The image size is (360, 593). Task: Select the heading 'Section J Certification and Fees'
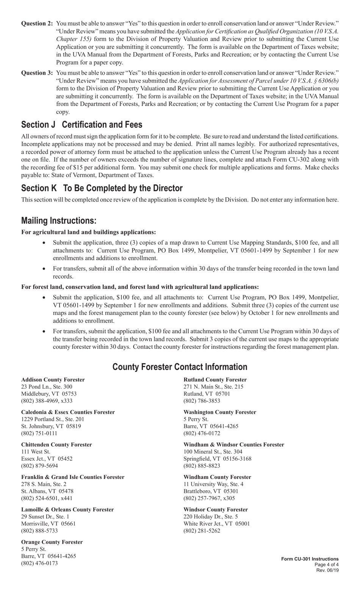82,125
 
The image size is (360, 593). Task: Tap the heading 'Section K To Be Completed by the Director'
102,188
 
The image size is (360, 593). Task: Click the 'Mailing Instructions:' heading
59,221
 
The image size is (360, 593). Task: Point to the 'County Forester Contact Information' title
180,367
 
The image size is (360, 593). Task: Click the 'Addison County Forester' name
53,380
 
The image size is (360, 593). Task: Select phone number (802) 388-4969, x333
47,401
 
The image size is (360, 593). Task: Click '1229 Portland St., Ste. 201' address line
53,419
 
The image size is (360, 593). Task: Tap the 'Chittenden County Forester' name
56,444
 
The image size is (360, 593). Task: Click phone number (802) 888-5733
39,531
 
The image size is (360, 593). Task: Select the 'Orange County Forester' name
52,542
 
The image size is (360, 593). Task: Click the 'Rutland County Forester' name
215,380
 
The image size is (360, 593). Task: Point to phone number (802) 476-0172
202,433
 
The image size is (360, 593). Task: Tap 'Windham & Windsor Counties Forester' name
234,444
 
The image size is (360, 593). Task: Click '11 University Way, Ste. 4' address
213,484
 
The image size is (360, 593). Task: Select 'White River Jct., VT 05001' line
217,524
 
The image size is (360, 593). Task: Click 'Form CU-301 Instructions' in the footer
310,559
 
